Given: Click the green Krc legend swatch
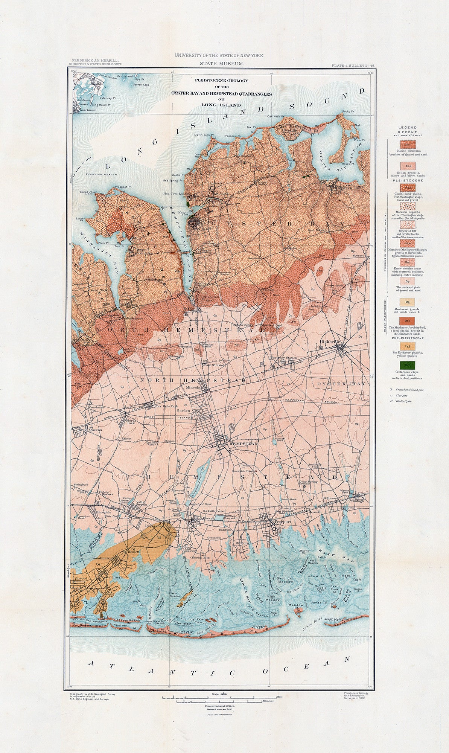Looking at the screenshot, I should click(408, 364).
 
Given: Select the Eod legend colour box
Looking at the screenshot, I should click(408, 165).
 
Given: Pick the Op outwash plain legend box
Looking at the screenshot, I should click(408, 281).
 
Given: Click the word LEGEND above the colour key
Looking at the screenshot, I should click(408, 128).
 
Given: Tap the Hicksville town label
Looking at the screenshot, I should click(330, 341).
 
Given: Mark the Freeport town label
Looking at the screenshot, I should click(282, 522).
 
